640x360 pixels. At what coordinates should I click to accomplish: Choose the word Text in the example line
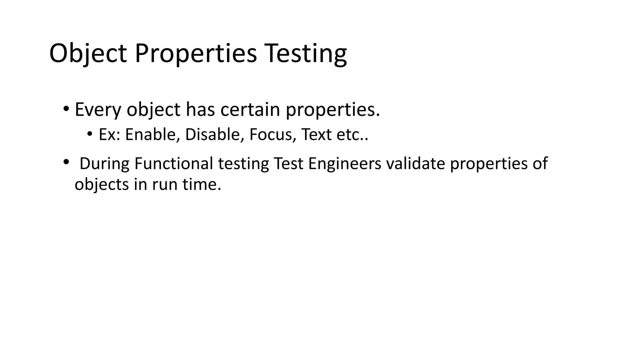click(x=316, y=135)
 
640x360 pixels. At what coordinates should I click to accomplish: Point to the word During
click(x=104, y=163)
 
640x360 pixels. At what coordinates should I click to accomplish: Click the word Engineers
click(x=345, y=163)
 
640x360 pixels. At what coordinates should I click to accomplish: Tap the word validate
click(x=416, y=163)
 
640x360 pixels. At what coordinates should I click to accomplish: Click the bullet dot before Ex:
click(x=90, y=134)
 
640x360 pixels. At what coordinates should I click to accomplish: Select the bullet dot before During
click(x=66, y=162)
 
